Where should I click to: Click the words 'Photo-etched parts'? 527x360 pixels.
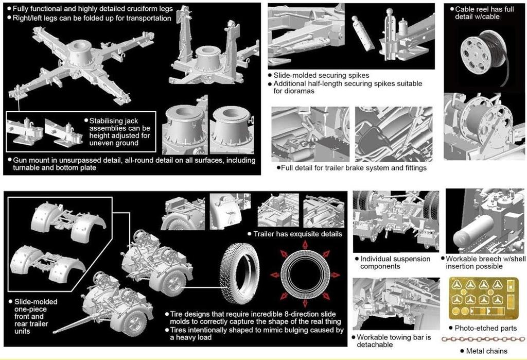[485, 328]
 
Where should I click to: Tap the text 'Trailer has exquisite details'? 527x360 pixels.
[297, 234]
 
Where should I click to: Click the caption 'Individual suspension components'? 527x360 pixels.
[395, 263]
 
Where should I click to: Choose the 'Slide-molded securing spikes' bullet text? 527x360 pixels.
[321, 75]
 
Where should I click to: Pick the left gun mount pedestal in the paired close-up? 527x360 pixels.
[185, 125]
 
